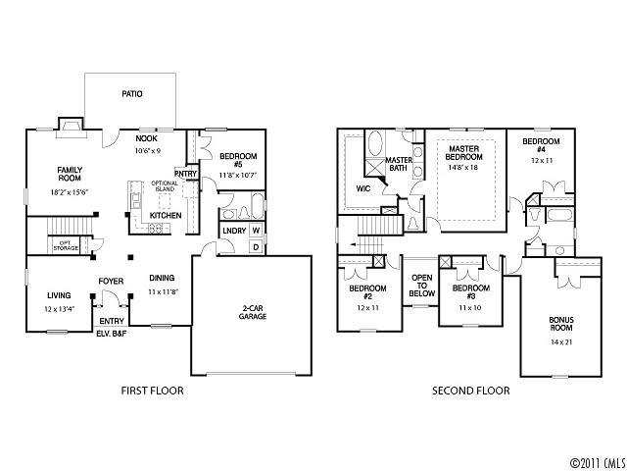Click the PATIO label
click(x=132, y=94)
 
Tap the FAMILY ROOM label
click(x=70, y=174)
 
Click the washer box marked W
click(x=256, y=231)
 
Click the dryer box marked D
click(x=256, y=246)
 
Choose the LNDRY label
click(x=233, y=231)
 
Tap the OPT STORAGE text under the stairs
click(x=65, y=244)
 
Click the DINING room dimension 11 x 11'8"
click(x=163, y=292)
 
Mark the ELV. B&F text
click(x=110, y=334)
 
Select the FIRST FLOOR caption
click(x=152, y=391)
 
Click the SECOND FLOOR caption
click(x=471, y=391)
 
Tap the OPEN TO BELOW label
click(x=422, y=285)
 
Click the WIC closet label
click(x=362, y=187)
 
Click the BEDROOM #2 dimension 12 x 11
click(x=366, y=308)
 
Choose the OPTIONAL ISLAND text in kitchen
click(x=165, y=186)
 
